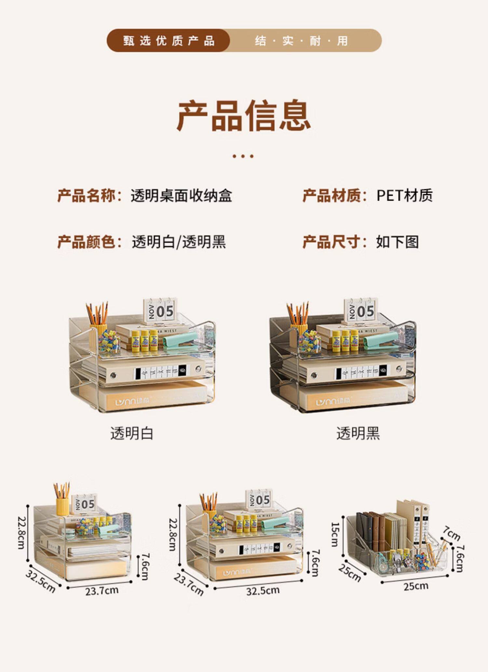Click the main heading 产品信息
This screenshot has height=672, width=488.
[x=244, y=116]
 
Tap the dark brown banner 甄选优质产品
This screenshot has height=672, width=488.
[x=169, y=41]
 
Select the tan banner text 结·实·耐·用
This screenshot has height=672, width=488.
[x=301, y=41]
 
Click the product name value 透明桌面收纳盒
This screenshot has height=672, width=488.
[x=181, y=195]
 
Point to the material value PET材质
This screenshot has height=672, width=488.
[x=404, y=195]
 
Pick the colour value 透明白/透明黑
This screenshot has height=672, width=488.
[x=179, y=242]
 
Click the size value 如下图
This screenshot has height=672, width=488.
[x=397, y=242]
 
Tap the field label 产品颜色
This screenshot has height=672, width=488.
[x=87, y=242]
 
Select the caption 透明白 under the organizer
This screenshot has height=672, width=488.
[x=132, y=434]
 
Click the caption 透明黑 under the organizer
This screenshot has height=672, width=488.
[x=358, y=434]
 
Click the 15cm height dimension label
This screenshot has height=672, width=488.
[x=335, y=534]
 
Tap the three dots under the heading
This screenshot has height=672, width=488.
[x=243, y=156]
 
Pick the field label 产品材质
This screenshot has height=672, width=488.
[x=332, y=195]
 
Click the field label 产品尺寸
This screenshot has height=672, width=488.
[x=332, y=242]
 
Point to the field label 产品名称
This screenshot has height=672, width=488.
[x=87, y=195]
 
